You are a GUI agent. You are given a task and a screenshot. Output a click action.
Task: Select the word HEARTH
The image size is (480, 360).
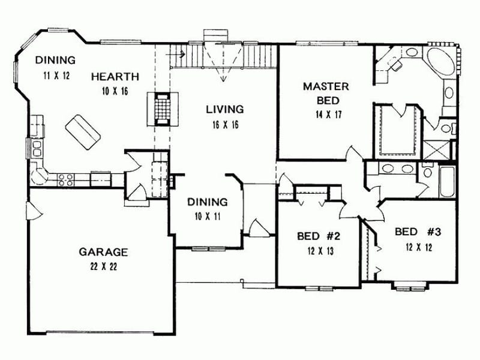(115, 76)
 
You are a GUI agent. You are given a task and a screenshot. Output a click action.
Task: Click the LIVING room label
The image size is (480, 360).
(224, 109)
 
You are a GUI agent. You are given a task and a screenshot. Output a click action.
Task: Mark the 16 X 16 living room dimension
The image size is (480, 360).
(224, 124)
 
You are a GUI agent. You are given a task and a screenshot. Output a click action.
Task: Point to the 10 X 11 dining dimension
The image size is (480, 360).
(206, 217)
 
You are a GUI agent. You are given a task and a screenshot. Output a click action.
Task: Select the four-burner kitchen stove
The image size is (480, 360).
(65, 178)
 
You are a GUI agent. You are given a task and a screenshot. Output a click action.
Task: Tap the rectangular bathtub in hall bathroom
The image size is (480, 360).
(447, 181)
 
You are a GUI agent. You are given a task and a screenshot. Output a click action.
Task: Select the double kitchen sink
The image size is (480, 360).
(34, 148)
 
